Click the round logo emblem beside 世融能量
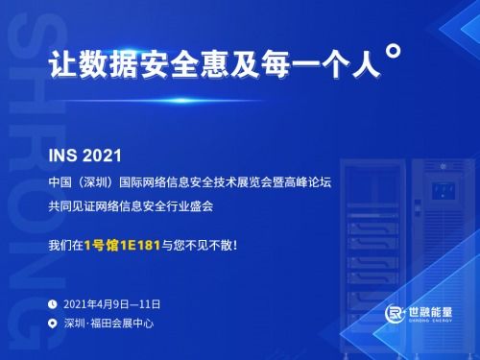coord(395,315)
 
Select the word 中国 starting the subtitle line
coord(60,182)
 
